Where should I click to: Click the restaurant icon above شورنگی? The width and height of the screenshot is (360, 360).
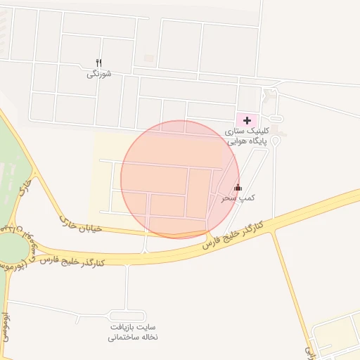tap(99, 63)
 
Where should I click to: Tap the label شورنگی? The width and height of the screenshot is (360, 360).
tap(99, 74)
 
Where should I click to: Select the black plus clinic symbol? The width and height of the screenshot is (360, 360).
tap(247, 120)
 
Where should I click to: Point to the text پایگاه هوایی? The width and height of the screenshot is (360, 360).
tap(246, 141)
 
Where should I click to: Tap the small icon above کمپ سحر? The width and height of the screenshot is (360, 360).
tap(238, 187)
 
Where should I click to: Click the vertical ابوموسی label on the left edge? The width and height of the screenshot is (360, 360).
tap(5, 328)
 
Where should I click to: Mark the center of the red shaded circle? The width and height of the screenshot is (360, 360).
tap(180, 179)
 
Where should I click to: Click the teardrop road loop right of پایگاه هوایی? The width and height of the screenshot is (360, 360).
tap(276, 141)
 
